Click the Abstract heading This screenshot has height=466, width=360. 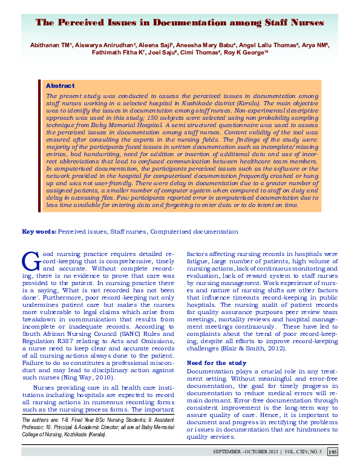coord(60,86)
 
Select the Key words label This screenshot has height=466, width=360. coord(39,232)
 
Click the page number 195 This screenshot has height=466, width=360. coord(332,451)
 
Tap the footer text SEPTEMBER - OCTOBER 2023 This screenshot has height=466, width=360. coord(246,451)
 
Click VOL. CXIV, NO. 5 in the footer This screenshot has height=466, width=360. coord(302,451)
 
